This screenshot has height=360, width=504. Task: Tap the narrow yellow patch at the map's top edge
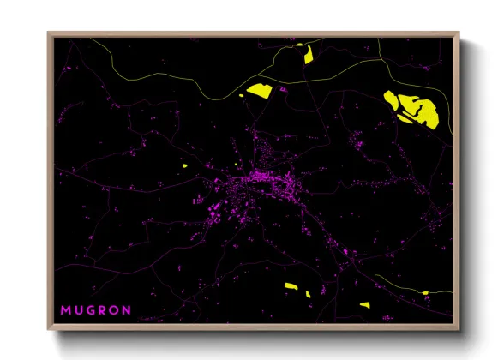tap(308, 56)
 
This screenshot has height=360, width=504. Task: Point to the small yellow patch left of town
tap(185, 165)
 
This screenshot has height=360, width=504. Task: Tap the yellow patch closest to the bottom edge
tap(364, 304)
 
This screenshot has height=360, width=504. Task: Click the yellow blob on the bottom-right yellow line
tap(425, 293)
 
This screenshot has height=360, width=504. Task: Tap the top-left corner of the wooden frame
tap(50, 34)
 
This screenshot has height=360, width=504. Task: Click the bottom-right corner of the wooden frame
tap(459, 329)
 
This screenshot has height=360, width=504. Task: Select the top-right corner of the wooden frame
tap(459, 34)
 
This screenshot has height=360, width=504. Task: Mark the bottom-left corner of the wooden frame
tap(50, 329)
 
